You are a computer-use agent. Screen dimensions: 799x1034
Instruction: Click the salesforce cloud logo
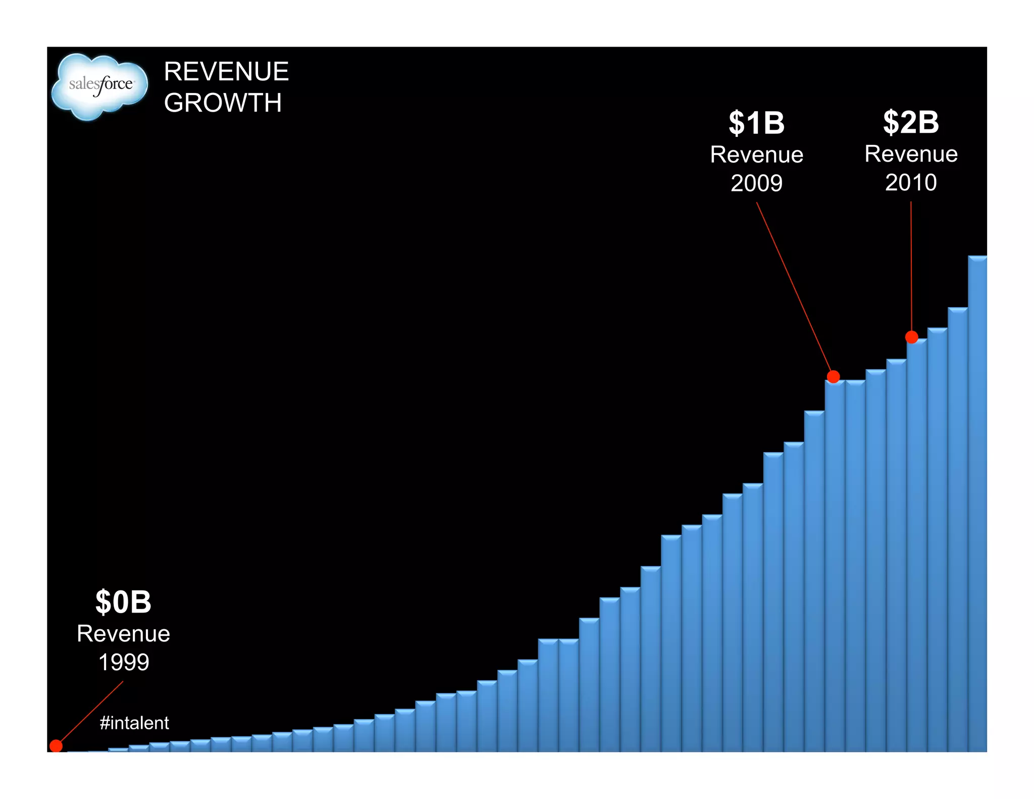pos(100,86)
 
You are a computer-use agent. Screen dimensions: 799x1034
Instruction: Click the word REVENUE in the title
pos(226,72)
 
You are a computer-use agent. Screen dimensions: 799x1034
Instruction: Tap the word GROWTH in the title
pos(223,103)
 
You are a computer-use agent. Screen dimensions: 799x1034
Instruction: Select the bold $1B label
pos(756,123)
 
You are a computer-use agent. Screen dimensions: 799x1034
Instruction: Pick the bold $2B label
pos(911,122)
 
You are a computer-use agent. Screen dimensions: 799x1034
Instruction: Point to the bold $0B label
pos(123,602)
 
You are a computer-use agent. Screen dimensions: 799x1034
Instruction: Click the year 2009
pos(756,183)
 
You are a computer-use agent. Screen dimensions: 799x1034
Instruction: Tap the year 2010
pos(911,182)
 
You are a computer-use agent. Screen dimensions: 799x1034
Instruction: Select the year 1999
pos(123,662)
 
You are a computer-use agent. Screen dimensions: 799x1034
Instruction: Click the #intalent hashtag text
pos(134,723)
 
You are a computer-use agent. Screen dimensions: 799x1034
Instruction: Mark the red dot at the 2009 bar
pos(834,376)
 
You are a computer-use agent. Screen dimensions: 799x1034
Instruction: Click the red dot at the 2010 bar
pos(911,337)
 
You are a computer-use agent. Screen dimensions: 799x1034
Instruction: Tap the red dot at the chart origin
pos(56,745)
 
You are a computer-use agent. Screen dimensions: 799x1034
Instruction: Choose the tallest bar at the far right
pos(977,505)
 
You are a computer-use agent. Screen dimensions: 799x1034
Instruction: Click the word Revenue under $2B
pos(911,154)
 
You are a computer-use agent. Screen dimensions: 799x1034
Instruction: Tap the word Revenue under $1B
pos(756,155)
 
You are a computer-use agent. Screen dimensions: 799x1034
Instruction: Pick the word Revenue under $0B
pos(123,634)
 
